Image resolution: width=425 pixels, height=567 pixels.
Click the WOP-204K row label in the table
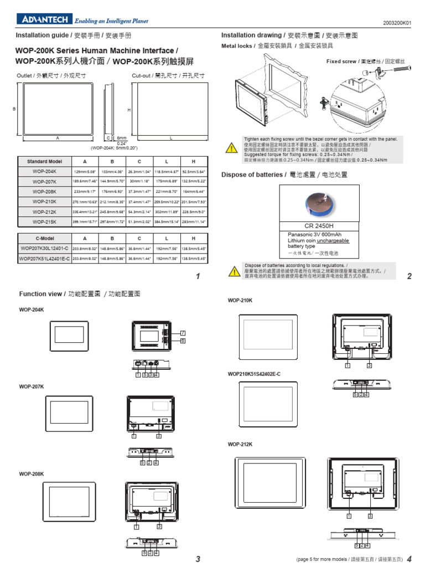point(45,172)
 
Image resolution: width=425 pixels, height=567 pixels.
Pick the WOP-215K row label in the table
point(45,221)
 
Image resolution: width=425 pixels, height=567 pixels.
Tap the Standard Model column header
point(45,161)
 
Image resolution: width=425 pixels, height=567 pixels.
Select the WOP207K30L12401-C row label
point(45,249)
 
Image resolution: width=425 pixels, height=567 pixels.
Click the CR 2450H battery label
point(320,226)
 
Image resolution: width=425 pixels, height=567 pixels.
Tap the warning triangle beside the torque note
point(231,148)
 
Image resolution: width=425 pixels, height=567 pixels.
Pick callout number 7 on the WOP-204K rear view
point(182,332)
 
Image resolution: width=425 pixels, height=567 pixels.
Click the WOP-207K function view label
point(31,385)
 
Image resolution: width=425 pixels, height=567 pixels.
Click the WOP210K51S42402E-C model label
point(254,374)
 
